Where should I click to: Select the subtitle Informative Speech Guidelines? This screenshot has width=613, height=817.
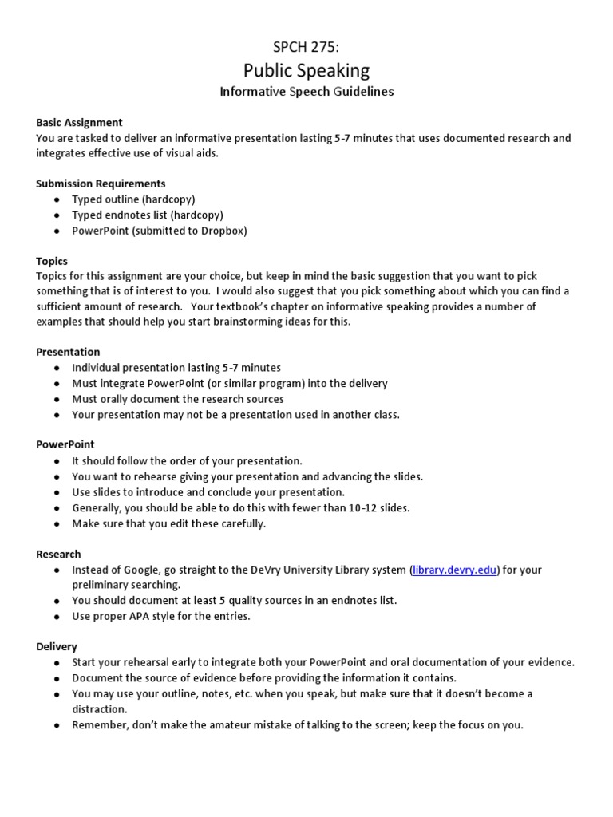tap(306, 92)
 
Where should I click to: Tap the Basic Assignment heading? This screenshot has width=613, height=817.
tap(79, 122)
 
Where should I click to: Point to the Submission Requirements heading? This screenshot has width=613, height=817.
tap(101, 184)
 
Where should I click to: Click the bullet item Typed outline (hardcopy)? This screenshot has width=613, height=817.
tap(133, 199)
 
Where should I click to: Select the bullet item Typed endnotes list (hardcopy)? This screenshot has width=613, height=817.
tap(147, 215)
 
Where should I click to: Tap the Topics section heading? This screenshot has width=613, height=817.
tap(52, 261)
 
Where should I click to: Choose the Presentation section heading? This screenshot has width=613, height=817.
tap(68, 352)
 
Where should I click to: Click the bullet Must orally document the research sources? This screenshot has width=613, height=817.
tap(177, 399)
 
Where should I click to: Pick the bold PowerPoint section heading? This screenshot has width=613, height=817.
tap(65, 444)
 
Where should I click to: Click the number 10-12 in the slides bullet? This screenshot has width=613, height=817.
tap(361, 507)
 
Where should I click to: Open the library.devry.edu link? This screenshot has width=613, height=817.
tap(455, 570)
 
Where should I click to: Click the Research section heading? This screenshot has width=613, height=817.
tap(58, 554)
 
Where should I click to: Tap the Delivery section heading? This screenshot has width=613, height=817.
tap(57, 646)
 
